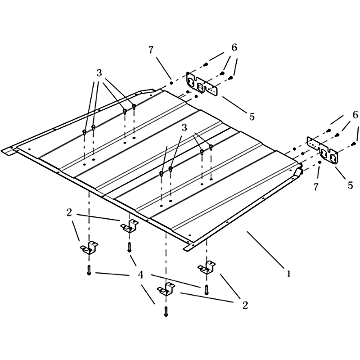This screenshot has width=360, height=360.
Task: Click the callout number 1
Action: click(288, 274)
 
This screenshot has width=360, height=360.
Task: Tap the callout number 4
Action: click(140, 274)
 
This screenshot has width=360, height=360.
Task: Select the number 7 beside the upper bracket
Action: click(151, 50)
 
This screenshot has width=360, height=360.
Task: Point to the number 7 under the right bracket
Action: click(316, 187)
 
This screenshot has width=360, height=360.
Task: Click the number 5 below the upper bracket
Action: click(252, 117)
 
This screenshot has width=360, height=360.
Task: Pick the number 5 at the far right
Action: click(350, 185)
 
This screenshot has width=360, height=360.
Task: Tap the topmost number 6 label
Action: click(234, 48)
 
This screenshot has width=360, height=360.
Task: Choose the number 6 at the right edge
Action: click(355, 115)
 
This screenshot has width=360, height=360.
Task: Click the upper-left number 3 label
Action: click(99, 73)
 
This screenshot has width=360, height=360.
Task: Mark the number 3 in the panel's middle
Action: click(184, 128)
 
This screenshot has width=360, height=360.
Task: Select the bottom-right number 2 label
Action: click(245, 305)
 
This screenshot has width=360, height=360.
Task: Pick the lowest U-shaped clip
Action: click(166, 289)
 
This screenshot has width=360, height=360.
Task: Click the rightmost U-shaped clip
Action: click(207, 267)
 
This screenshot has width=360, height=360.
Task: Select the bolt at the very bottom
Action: click(166, 312)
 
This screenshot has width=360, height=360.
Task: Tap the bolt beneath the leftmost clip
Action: click(89, 270)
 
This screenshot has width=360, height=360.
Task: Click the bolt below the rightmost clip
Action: click(207, 290)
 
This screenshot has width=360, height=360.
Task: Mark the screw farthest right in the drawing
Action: click(354, 144)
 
